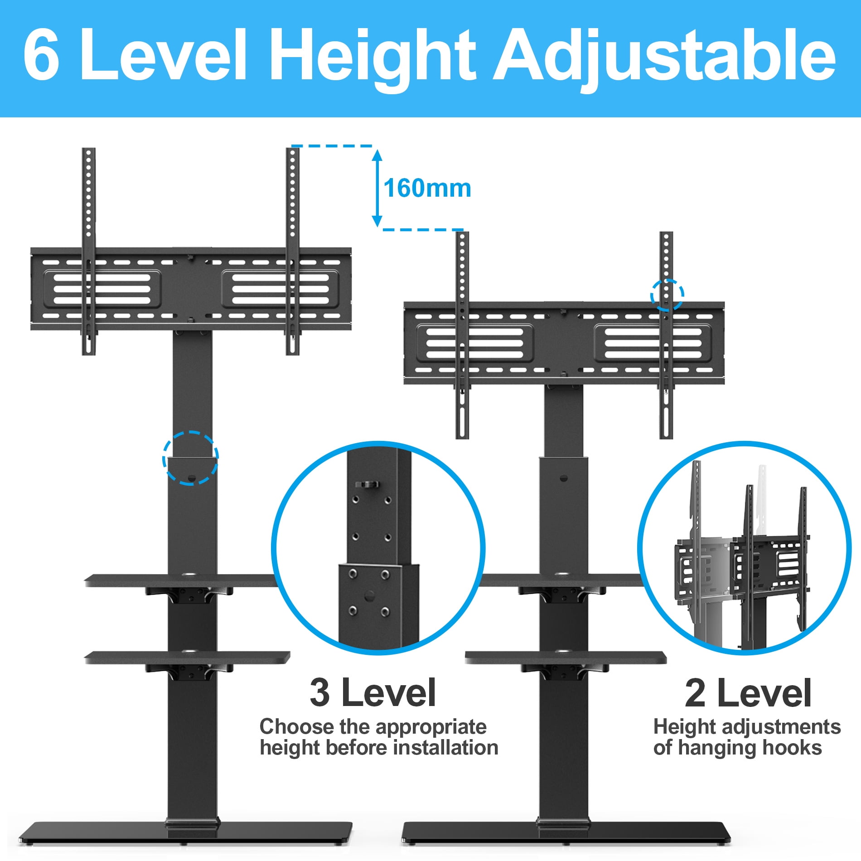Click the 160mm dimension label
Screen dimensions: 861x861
coord(427,188)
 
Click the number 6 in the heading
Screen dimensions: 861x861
coord(41,54)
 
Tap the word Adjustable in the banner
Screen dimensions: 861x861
coord(664,58)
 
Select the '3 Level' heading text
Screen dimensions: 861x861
coord(372,692)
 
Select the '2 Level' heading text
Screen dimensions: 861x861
coord(748,692)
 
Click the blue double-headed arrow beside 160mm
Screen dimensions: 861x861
coord(377,188)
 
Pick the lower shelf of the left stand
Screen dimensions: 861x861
coord(187,658)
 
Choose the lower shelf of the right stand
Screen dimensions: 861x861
coord(566,658)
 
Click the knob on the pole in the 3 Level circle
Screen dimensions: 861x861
coord(367,485)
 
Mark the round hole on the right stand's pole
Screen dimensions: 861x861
coord(563,478)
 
